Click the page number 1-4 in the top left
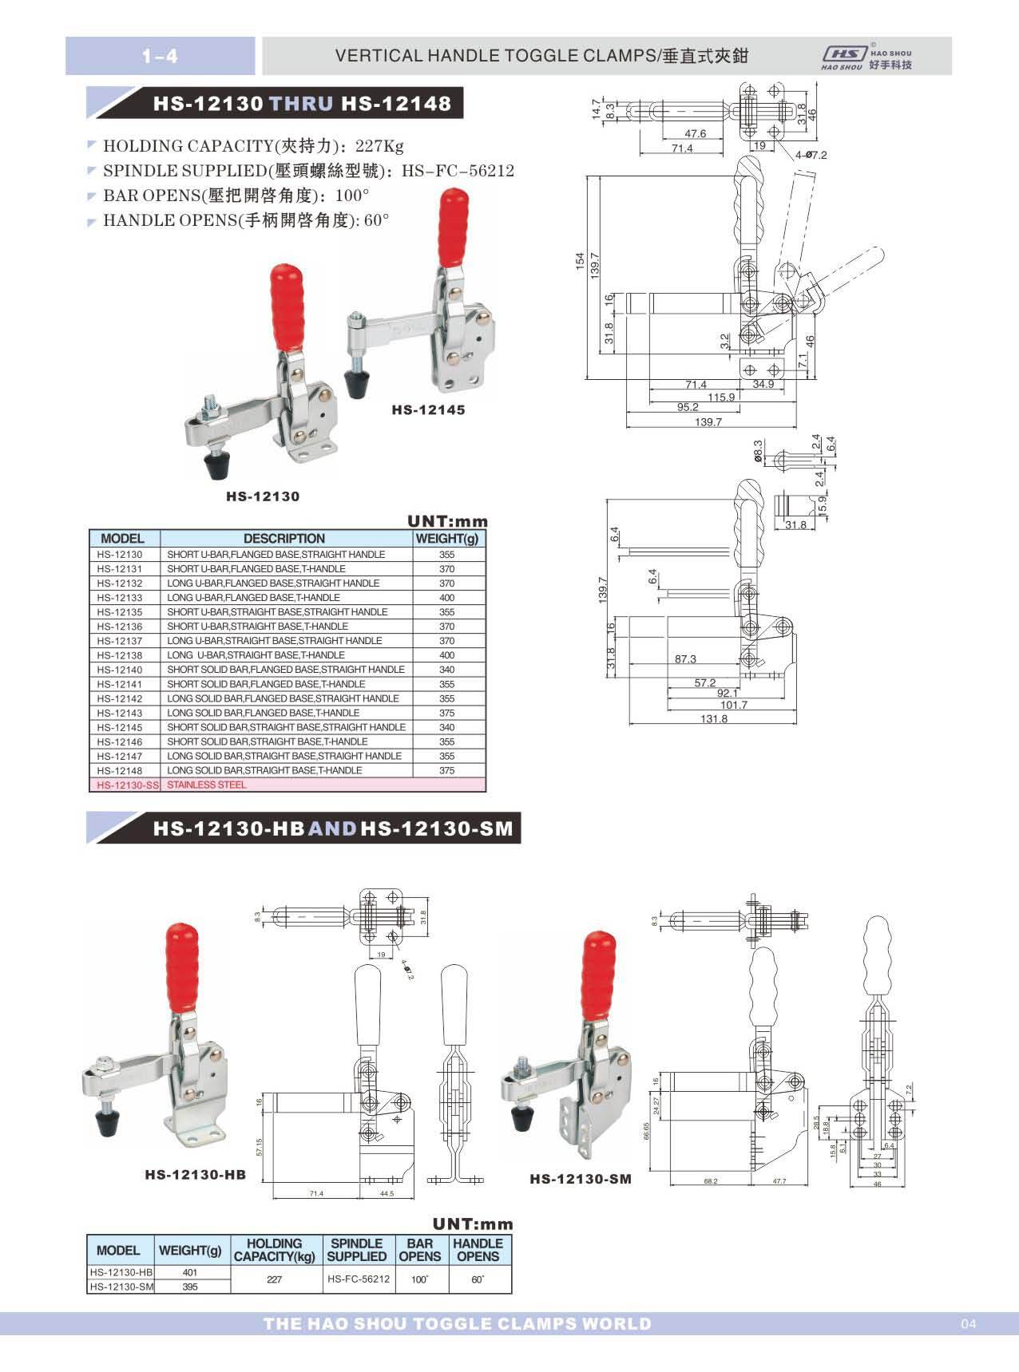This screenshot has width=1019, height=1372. coord(160,56)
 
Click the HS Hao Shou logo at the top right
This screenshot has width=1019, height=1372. coord(866,57)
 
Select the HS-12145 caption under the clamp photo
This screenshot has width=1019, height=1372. coord(427,410)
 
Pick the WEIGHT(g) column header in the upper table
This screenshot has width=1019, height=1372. coord(446,539)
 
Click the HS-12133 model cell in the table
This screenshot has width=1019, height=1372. coord(120,598)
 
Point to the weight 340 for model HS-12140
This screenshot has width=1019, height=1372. coord(446,670)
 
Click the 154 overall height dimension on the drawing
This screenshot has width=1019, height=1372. coord(581,262)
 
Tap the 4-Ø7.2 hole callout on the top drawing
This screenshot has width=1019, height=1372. coord(811,155)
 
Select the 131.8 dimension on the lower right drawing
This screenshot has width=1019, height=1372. coord(713,719)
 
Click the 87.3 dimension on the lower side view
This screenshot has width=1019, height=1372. coord(685,659)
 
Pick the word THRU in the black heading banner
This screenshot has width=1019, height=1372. coord(303,104)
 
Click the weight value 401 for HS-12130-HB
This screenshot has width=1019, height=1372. coord(190,1273)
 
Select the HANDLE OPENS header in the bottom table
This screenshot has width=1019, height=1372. coord(478,1250)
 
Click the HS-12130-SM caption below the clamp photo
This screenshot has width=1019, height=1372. coord(581,1179)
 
